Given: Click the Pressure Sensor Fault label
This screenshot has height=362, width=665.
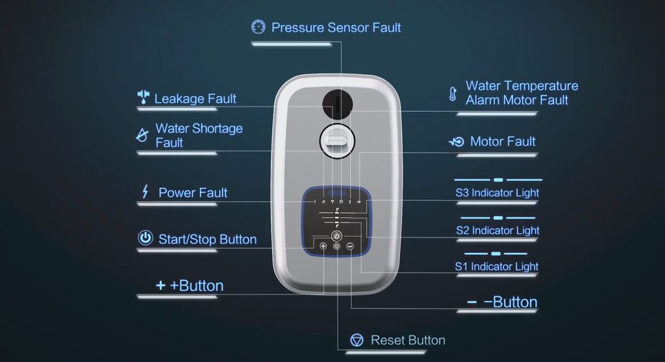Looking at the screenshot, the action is click(x=336, y=27).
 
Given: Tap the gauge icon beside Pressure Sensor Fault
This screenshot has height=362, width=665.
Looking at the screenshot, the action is click(x=258, y=27).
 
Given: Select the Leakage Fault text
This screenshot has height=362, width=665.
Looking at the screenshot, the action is click(x=195, y=99).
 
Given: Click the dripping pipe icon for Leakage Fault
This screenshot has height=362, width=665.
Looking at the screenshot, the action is click(x=144, y=97).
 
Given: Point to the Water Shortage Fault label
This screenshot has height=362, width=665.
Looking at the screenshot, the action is click(x=199, y=135).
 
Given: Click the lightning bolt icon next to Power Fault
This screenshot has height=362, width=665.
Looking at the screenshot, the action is click(x=145, y=191).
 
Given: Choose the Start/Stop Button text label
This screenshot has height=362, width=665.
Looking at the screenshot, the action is click(x=207, y=239).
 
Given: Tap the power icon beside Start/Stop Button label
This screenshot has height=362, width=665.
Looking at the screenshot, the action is click(x=145, y=238).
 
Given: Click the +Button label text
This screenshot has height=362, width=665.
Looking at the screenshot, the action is click(x=196, y=285).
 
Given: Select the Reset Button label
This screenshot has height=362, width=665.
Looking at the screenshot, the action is click(x=408, y=340).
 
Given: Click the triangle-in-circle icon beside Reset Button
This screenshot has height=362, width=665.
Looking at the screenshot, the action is click(x=357, y=340).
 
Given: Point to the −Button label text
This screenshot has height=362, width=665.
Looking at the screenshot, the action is click(x=510, y=302).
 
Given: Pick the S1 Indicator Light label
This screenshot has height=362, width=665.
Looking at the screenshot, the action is click(x=497, y=266).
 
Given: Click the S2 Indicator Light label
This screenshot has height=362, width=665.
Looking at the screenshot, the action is click(x=497, y=231).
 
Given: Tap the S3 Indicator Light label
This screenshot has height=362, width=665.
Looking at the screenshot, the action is click(x=497, y=192).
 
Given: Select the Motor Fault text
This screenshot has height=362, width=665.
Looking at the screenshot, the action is click(x=503, y=141).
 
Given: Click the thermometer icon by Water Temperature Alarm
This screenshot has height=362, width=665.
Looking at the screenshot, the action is click(x=453, y=94).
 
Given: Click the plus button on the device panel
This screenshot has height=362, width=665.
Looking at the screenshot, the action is click(x=323, y=246).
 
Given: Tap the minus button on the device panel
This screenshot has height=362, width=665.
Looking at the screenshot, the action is click(x=350, y=246).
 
